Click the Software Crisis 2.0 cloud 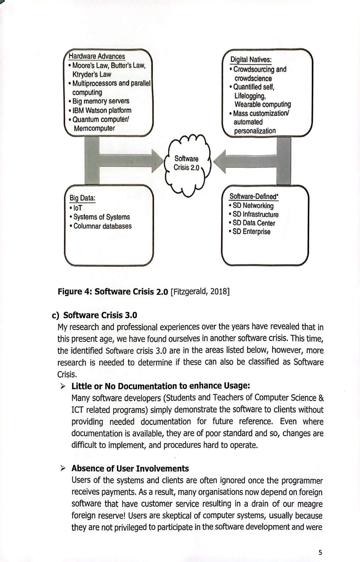186,164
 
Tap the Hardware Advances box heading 97,56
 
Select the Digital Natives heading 251,60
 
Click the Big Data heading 82,198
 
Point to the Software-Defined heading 254,197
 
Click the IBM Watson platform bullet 102,110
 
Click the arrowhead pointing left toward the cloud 220,162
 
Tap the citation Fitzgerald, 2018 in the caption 200,291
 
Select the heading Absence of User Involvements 130,469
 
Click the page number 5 320,553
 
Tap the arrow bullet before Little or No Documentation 63,386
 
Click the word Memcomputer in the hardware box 94,128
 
